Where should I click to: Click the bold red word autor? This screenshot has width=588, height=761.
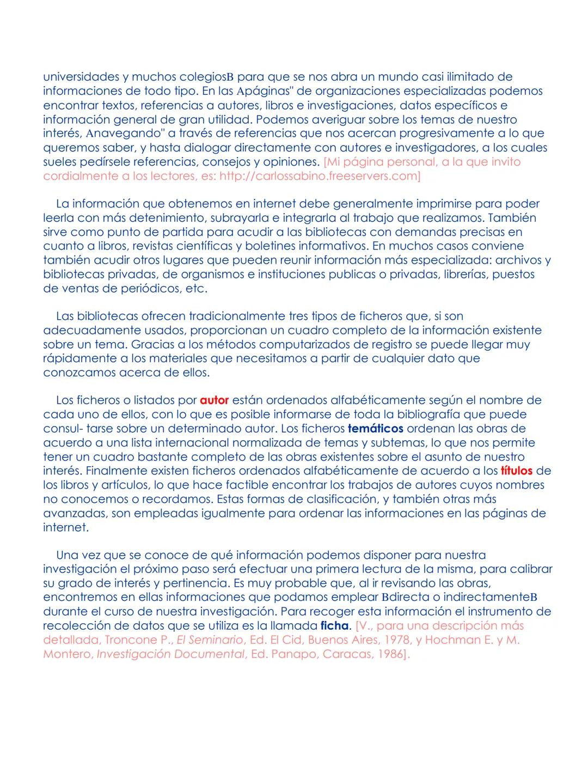214,400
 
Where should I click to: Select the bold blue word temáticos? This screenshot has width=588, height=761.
375,429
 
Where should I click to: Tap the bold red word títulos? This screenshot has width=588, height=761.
516,471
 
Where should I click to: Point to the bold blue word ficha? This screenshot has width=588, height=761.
334,625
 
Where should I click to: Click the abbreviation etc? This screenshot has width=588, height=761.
197,288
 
